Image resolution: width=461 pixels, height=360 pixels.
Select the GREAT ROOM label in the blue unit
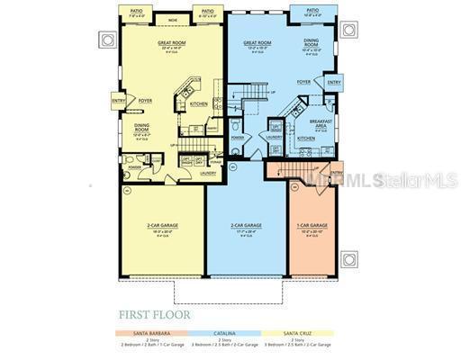[258, 42]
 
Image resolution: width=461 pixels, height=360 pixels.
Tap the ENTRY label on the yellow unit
[119, 101]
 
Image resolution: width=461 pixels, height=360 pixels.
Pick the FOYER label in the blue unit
[304, 82]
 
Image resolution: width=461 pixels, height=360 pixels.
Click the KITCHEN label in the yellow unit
[198, 103]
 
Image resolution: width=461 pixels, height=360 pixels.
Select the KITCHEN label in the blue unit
[306, 139]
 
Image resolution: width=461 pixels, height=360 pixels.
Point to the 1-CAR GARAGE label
[312, 225]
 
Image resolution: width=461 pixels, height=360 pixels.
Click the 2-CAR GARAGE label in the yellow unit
[163, 225]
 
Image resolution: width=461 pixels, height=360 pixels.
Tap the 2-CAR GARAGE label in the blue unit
[246, 225]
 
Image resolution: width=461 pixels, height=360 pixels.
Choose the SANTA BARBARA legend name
[144, 333]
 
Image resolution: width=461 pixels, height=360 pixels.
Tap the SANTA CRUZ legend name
[300, 333]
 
